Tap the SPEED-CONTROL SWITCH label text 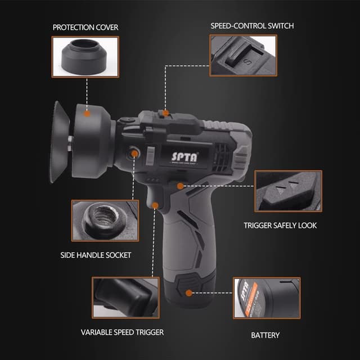[252, 26]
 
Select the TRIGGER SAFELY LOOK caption [280, 225]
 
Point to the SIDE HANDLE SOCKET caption [96, 255]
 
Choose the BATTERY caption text [265, 335]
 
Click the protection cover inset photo [85, 57]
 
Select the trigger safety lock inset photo [288, 191]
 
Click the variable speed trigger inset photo [125, 297]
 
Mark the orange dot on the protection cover [87, 112]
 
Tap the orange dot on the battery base [188, 292]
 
